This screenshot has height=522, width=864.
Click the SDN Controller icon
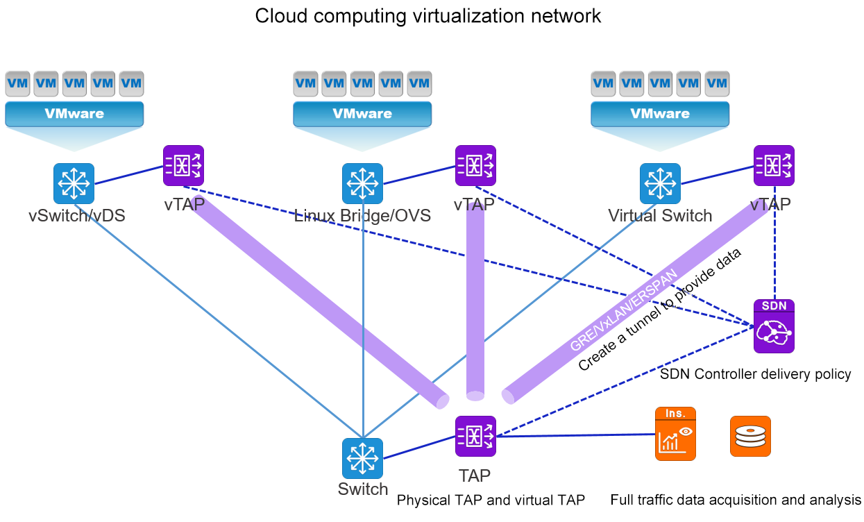(x=774, y=326)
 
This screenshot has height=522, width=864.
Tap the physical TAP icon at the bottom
(x=475, y=436)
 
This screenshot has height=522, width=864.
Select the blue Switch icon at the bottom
(x=362, y=458)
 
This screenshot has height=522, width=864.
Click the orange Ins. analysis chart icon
(x=675, y=434)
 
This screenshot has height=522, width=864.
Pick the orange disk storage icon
(x=750, y=436)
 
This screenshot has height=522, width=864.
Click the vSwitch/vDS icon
(x=74, y=183)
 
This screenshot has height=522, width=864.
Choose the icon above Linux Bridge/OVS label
(x=362, y=183)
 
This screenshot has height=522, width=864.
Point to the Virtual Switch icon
(x=660, y=183)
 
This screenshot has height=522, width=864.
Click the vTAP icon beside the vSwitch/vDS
(x=183, y=165)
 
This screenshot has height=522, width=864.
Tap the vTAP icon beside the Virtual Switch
(x=774, y=165)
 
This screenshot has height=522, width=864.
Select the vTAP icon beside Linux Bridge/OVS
(x=475, y=165)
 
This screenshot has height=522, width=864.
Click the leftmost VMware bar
(x=74, y=114)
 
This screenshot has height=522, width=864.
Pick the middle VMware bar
(x=362, y=114)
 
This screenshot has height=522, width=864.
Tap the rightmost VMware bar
(x=660, y=114)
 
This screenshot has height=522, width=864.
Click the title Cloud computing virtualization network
(x=428, y=16)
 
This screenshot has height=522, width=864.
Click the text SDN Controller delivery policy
(x=756, y=374)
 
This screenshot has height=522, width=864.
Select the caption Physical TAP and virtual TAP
(x=491, y=500)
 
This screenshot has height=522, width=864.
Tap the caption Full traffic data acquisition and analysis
(x=736, y=500)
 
